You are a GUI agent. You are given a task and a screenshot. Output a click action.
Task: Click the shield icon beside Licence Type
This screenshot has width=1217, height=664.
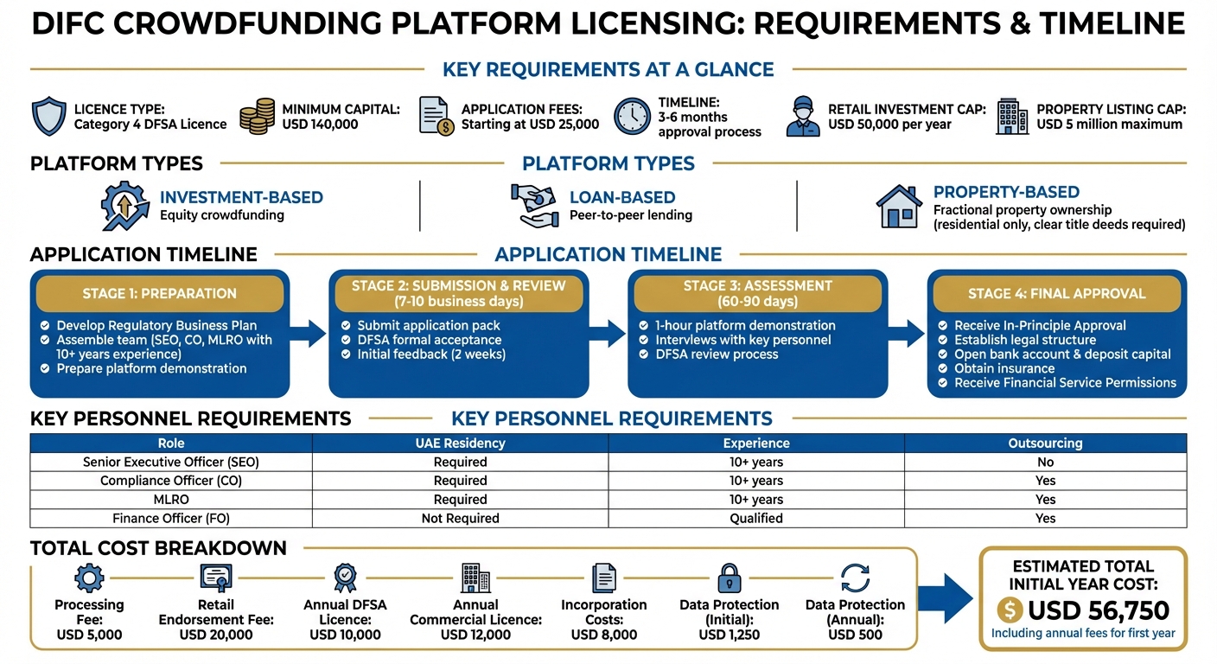48,116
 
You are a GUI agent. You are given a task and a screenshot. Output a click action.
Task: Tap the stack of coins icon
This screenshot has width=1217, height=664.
257,116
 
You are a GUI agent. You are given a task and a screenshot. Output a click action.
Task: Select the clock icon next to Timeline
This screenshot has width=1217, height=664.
632,116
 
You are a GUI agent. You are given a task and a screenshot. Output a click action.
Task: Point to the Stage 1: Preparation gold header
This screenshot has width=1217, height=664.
160,294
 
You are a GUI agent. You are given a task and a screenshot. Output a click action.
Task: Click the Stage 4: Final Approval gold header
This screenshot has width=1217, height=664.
1056,294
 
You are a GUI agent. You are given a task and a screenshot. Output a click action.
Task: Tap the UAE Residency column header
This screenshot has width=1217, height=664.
460,443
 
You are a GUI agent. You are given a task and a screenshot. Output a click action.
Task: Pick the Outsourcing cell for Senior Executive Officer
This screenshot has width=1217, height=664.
1045,462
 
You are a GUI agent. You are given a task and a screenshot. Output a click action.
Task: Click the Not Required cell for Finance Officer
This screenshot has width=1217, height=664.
460,519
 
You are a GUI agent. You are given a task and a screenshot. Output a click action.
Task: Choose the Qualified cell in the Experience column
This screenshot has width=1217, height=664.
755,519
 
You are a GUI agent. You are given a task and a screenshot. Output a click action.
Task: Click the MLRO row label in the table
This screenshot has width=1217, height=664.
170,500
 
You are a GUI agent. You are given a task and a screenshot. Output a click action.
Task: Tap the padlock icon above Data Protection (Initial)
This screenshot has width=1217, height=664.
729,577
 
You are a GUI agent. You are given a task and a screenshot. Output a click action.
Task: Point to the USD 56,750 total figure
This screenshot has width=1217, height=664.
1098,610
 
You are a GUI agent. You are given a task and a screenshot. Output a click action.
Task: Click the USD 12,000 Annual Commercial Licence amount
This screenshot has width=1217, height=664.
475,635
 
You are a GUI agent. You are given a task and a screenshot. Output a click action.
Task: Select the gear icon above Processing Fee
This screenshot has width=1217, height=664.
89,577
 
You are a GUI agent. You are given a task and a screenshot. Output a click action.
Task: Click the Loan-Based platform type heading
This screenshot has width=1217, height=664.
621,197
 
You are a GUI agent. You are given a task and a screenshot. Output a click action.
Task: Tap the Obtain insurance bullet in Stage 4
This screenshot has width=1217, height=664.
1004,368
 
